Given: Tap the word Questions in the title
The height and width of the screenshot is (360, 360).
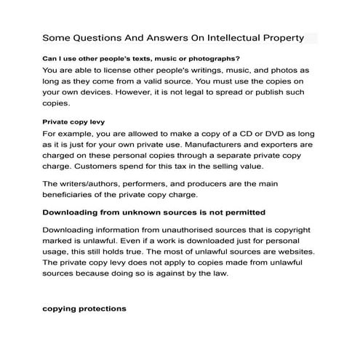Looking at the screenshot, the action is click(97, 36).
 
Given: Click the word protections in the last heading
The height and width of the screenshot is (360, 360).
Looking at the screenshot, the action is click(101, 308).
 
